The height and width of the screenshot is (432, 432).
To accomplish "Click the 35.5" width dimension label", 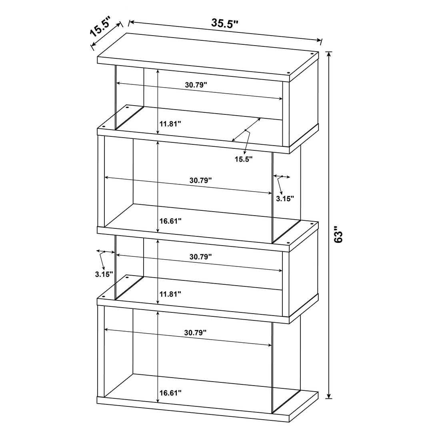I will coord(225,23).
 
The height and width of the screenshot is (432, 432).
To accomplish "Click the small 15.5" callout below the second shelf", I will coord(244,159).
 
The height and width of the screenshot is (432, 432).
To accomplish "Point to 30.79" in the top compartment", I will coord(196,85).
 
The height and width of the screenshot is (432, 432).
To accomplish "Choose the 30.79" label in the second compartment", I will coord(200,180).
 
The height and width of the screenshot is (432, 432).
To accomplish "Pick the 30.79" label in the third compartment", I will coord(200,258).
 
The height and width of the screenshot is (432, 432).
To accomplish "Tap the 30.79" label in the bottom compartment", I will coord(195,332).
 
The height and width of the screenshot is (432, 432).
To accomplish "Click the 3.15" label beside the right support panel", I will coord(285,198).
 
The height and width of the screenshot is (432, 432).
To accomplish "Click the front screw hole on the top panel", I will coord(288,73).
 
